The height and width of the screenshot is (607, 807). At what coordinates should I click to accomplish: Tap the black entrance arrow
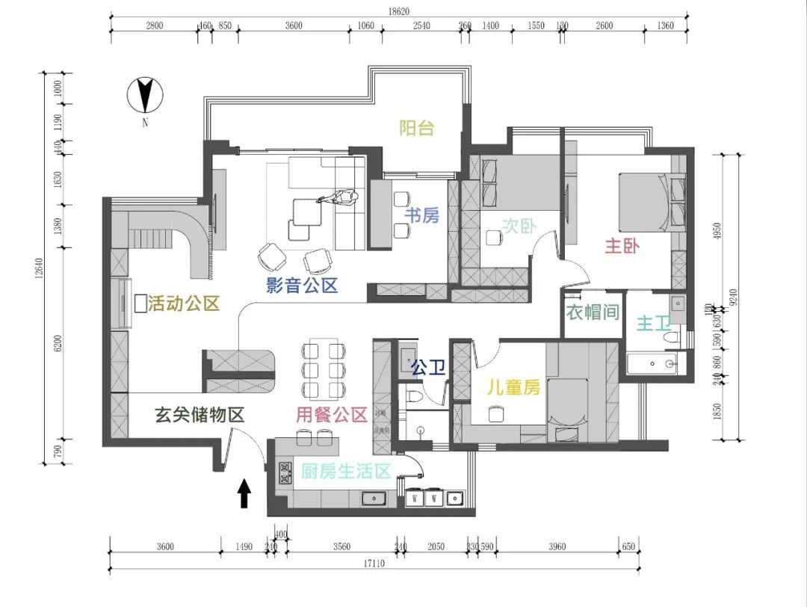[x=244, y=494]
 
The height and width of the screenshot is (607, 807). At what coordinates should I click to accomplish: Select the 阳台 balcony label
[x=416, y=129]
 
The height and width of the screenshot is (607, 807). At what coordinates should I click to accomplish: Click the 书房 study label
[x=421, y=216]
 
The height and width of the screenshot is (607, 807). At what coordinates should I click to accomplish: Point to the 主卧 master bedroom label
[x=622, y=246]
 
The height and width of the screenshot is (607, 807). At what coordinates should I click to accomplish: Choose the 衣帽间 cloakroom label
[x=593, y=312]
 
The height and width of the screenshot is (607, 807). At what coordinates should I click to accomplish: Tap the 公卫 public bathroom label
[x=428, y=367]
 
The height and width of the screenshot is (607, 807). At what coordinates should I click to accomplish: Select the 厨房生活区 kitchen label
[x=346, y=472]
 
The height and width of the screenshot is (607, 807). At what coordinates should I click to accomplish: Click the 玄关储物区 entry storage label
[x=200, y=416]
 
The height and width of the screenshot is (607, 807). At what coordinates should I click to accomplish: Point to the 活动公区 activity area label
[x=184, y=303]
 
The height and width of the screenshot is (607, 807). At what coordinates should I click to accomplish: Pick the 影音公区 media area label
[x=303, y=285]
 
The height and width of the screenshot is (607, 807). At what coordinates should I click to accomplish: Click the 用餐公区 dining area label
[x=332, y=416]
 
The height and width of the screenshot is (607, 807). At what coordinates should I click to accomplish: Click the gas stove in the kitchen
[x=285, y=472]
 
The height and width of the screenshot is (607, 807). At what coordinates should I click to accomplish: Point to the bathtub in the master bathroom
[x=655, y=366]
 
